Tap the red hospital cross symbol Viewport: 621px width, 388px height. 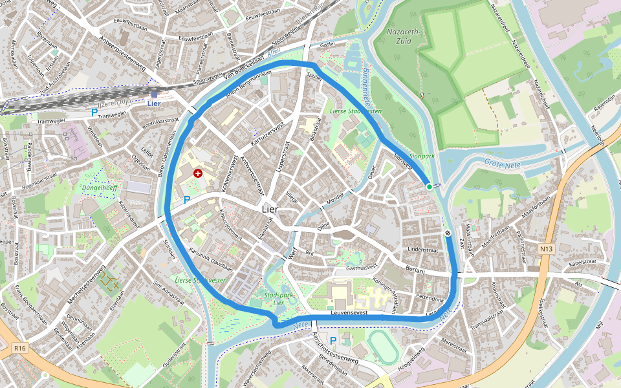197,173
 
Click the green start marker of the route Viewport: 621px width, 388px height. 429,187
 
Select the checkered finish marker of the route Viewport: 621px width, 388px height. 448,233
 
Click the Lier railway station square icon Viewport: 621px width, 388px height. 154,94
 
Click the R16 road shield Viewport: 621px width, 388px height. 19,349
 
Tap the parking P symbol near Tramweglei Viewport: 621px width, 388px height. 94,113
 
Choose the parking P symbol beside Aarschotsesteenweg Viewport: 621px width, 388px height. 333,340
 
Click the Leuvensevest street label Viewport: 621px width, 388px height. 349,313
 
